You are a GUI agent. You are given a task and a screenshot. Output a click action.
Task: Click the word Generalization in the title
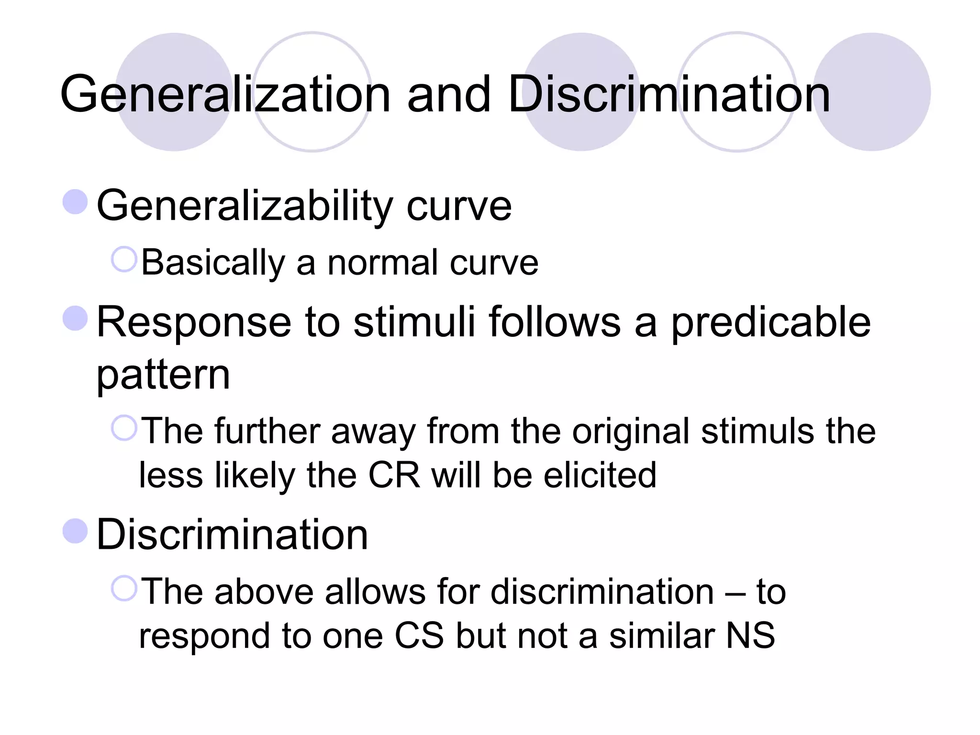pyautogui.click(x=225, y=94)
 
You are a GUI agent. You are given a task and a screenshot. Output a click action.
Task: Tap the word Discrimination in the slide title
pyautogui.click(x=668, y=94)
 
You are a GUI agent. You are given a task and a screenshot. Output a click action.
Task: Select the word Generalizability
pyautogui.click(x=245, y=206)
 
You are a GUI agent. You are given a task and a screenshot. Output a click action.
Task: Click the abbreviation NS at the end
pyautogui.click(x=750, y=636)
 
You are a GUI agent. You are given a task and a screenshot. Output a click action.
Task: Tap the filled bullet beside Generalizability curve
pyautogui.click(x=75, y=201)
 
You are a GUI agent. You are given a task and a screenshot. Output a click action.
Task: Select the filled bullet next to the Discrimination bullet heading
pyautogui.click(x=75, y=531)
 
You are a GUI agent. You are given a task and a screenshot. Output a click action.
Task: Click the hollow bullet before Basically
pyautogui.click(x=124, y=259)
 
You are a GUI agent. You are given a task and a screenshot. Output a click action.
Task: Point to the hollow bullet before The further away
pyautogui.click(x=124, y=428)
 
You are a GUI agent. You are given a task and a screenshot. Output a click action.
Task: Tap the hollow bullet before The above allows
pyautogui.click(x=124, y=588)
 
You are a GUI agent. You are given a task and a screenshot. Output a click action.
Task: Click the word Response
pyautogui.click(x=194, y=322)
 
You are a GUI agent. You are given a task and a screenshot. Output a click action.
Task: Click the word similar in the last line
pyautogui.click(x=662, y=636)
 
